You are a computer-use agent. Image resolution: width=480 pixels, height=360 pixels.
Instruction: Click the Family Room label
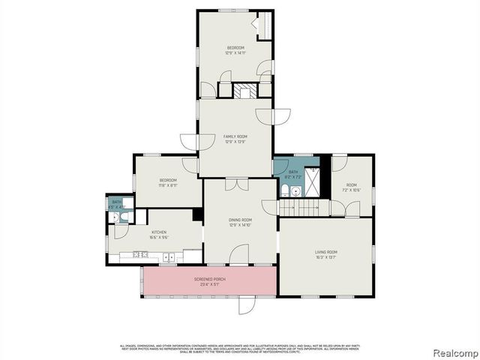[235, 136]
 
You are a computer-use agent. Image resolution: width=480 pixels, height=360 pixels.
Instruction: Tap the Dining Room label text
[240, 220]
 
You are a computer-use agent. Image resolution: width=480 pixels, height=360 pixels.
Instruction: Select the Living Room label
[325, 252]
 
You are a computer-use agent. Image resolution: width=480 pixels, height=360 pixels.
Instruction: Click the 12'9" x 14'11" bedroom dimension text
[235, 53]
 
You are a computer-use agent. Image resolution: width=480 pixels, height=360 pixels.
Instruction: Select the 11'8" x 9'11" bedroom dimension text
[167, 184]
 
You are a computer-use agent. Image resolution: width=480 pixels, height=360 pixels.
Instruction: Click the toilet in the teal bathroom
[285, 191]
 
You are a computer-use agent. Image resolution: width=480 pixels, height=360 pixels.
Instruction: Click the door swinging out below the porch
[247, 305]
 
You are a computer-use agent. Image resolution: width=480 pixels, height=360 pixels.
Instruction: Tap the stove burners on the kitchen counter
[139, 255]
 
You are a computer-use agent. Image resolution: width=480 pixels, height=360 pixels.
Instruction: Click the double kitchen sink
[169, 256]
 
